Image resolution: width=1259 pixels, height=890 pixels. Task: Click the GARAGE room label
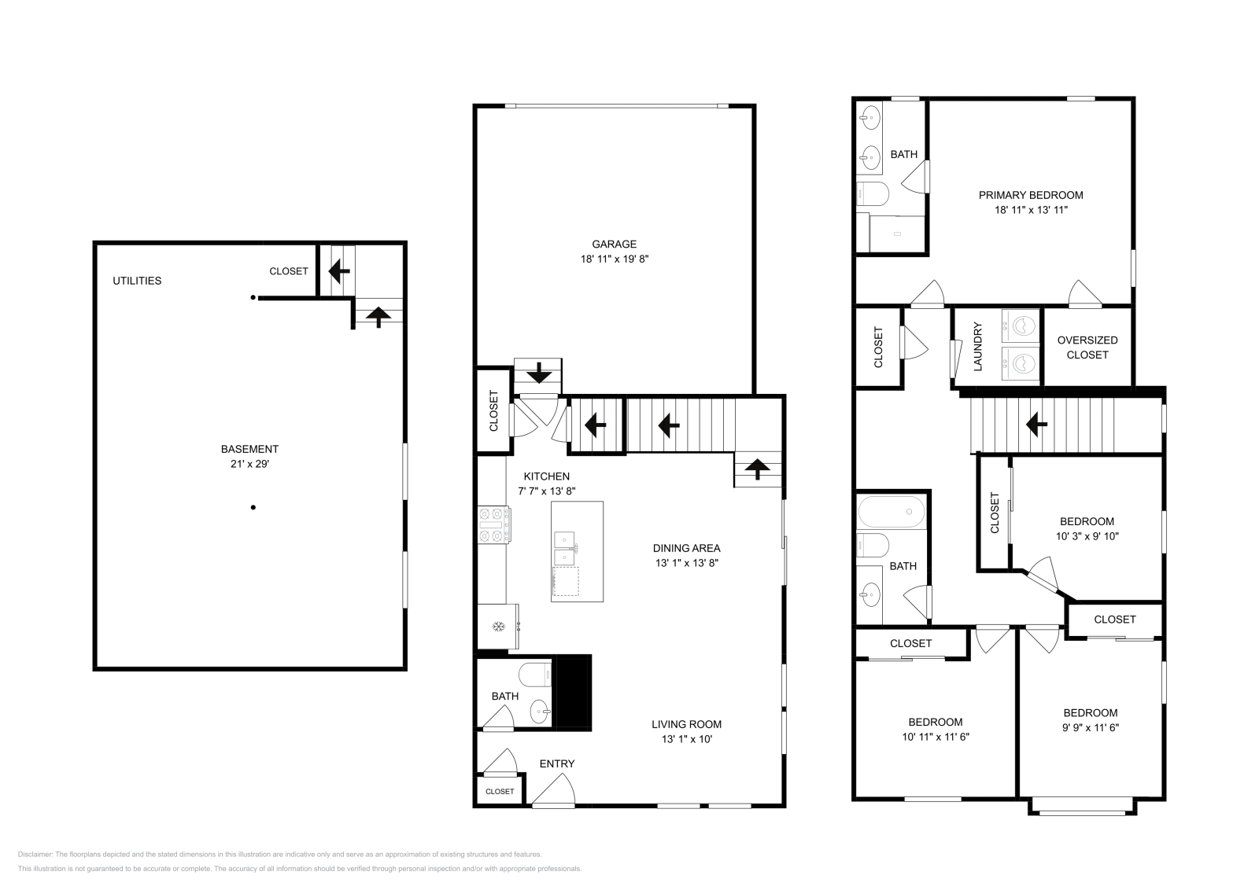tap(614, 244)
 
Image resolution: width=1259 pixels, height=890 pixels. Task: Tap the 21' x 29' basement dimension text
tap(249, 464)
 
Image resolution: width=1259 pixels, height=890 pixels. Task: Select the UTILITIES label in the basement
tap(137, 281)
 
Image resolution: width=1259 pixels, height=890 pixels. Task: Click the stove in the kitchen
tap(493, 524)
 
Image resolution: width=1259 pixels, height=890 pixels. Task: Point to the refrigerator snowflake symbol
tap(497, 626)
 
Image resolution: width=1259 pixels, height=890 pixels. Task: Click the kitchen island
tap(577, 551)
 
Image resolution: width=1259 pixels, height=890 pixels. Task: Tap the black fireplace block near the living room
tap(574, 692)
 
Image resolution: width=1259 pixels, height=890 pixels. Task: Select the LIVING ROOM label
tap(686, 724)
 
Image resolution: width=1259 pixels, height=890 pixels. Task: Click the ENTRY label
tap(556, 763)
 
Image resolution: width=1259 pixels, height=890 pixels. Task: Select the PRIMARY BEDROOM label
tap(1031, 195)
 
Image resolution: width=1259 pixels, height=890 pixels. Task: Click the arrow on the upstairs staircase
tap(1036, 425)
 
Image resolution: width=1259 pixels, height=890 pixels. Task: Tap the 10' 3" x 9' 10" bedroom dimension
tap(1087, 536)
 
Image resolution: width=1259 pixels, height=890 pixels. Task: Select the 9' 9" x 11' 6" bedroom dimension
tap(1090, 727)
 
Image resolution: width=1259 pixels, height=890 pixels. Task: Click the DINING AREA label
tap(686, 548)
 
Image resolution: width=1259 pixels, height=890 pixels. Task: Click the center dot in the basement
tap(253, 507)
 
